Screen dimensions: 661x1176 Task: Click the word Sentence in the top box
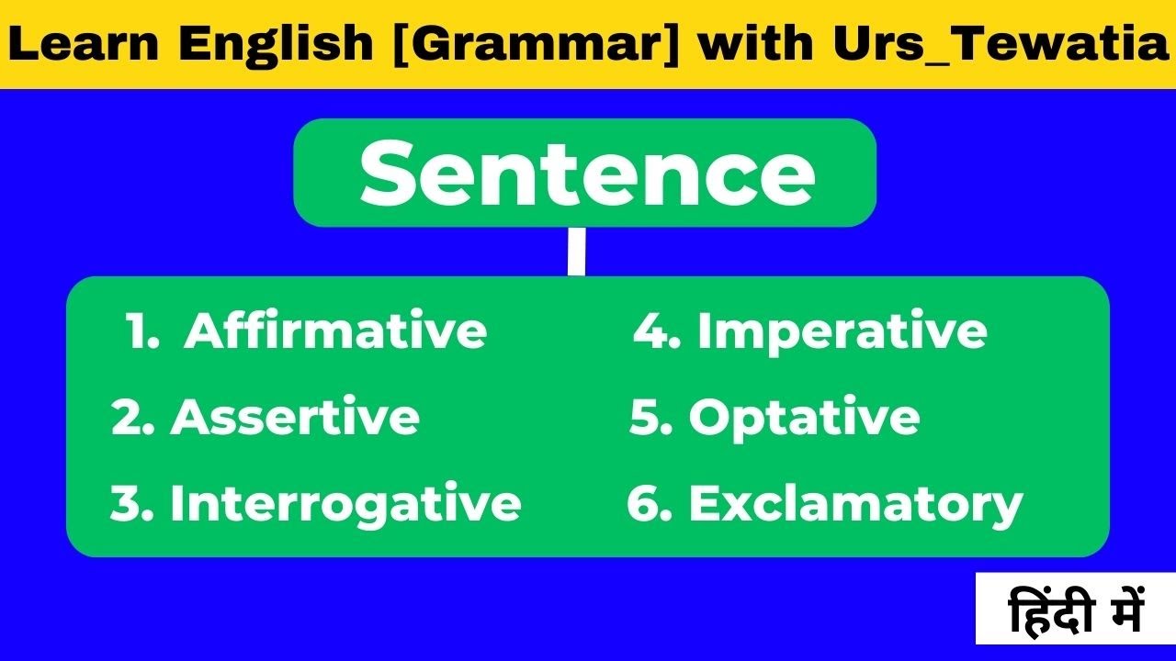coord(586,174)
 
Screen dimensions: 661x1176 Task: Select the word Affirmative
coord(335,331)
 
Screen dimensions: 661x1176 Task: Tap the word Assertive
coord(295,418)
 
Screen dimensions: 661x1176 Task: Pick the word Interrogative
coord(345,504)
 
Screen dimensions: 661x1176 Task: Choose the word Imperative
coord(842,331)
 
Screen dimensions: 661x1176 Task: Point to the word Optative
coord(804,418)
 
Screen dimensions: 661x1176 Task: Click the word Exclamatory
coord(855,504)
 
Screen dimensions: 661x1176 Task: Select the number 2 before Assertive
coord(126,419)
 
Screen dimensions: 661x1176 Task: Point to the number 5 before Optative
coord(645,419)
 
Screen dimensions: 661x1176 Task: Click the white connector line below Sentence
coord(576,252)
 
